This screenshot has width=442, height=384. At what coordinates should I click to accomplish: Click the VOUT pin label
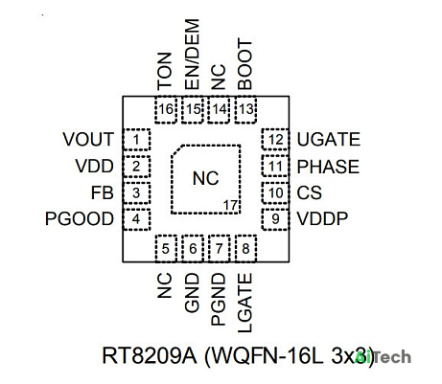point(88,140)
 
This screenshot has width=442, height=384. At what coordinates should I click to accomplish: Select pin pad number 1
point(136,140)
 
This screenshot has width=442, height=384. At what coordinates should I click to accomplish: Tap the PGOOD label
point(80,219)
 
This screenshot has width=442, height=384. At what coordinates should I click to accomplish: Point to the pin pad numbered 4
point(136,219)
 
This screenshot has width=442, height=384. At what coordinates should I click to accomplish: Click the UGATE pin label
point(328,140)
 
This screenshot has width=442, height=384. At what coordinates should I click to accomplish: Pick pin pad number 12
point(275,140)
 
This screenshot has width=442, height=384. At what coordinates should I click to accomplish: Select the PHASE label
point(328,167)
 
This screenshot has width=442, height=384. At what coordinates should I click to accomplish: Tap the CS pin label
point(309,192)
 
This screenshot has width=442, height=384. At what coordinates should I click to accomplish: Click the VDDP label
point(322,219)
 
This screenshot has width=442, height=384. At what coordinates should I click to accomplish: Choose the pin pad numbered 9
point(275,219)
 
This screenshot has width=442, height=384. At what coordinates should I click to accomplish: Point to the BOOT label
point(245,64)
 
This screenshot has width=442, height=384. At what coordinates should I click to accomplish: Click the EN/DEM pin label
point(192,55)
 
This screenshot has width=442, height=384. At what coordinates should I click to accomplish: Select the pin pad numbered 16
point(166,109)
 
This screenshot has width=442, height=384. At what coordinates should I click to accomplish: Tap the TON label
point(165,71)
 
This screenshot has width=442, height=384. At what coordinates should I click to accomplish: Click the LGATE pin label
point(245,303)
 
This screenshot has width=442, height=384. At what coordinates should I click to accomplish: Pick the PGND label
point(219,300)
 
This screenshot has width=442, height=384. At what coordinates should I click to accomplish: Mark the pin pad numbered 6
point(193,249)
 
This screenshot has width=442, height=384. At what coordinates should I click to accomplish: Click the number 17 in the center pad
point(230,206)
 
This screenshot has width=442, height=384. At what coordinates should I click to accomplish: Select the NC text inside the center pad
point(205,178)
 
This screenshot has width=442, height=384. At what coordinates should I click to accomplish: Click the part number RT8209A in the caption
point(150,355)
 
